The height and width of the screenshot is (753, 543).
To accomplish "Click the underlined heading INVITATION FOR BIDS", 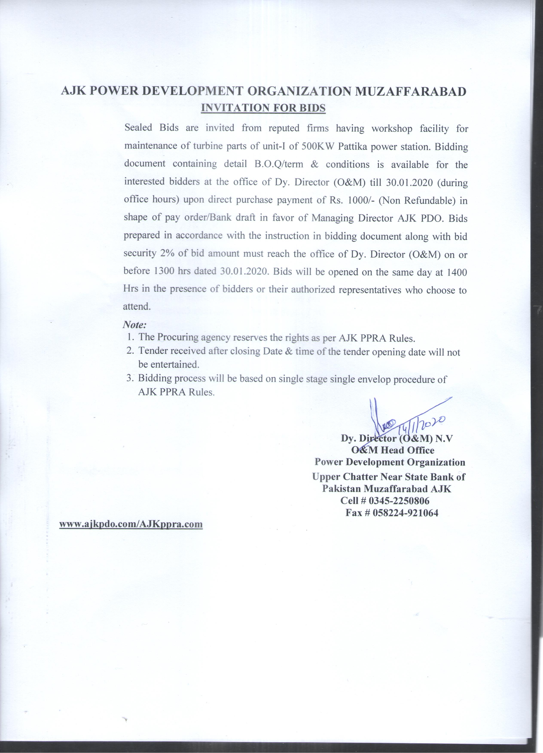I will tap(263, 108).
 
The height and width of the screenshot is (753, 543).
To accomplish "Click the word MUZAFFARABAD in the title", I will tap(411, 92).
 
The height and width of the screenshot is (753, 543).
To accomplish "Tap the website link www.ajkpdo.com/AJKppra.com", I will tap(131, 524).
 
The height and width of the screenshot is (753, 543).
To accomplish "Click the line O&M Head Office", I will tap(393, 450).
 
